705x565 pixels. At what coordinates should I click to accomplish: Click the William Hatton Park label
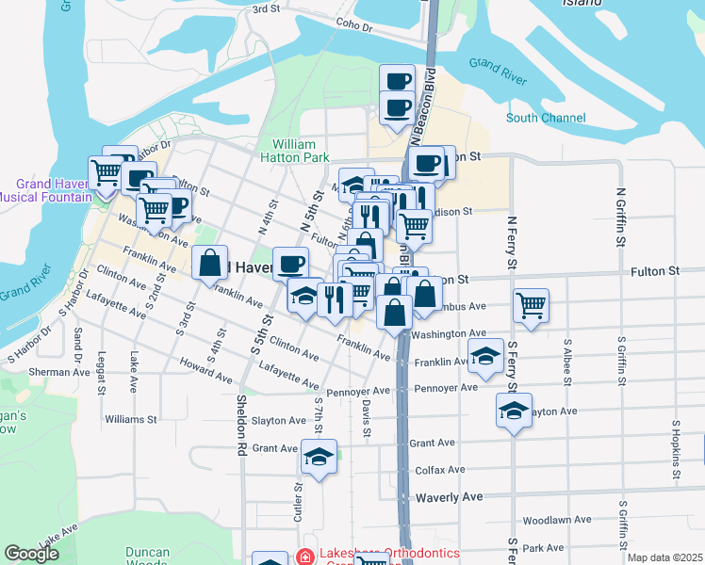click(x=294, y=151)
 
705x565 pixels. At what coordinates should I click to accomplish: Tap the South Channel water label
click(x=545, y=118)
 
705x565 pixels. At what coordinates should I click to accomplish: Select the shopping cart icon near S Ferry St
click(x=532, y=306)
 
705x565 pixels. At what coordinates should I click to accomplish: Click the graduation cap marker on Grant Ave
click(x=320, y=459)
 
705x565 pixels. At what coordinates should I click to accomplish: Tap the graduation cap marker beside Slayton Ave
click(x=514, y=412)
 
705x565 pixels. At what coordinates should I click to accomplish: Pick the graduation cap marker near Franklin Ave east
click(x=485, y=358)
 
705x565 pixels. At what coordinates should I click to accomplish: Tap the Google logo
click(x=32, y=553)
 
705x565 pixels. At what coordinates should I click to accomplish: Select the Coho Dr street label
click(x=354, y=27)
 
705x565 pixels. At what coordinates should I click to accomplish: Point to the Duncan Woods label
click(x=146, y=557)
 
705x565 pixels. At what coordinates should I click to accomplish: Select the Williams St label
click(x=131, y=418)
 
